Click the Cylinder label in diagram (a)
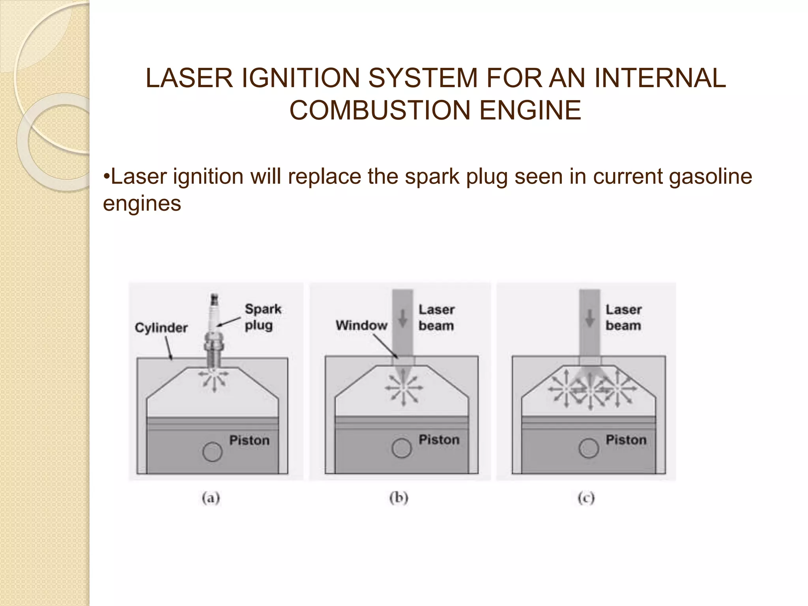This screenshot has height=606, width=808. pyautogui.click(x=161, y=327)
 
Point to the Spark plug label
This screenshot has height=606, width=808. pyautogui.click(x=262, y=317)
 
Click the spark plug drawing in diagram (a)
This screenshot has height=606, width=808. pyautogui.click(x=214, y=335)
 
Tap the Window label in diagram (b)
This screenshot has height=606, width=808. pyautogui.click(x=361, y=325)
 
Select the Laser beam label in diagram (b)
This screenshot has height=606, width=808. pyautogui.click(x=436, y=318)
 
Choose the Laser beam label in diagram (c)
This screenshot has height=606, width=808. pyautogui.click(x=623, y=318)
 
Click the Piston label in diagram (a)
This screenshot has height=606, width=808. pyautogui.click(x=249, y=440)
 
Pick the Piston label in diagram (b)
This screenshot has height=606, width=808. pyautogui.click(x=439, y=440)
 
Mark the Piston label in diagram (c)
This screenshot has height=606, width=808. pyautogui.click(x=626, y=440)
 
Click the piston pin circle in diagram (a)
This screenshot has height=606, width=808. pyautogui.click(x=212, y=452)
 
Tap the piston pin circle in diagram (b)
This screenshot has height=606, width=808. pyautogui.click(x=402, y=448)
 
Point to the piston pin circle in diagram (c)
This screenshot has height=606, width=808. pyautogui.click(x=589, y=449)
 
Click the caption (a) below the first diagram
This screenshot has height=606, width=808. pyautogui.click(x=211, y=498)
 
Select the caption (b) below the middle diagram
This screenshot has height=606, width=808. pyautogui.click(x=398, y=498)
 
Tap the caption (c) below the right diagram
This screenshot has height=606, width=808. pyautogui.click(x=586, y=498)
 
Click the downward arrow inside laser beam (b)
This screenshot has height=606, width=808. pyautogui.click(x=402, y=318)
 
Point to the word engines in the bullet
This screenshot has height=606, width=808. pyautogui.click(x=142, y=204)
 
